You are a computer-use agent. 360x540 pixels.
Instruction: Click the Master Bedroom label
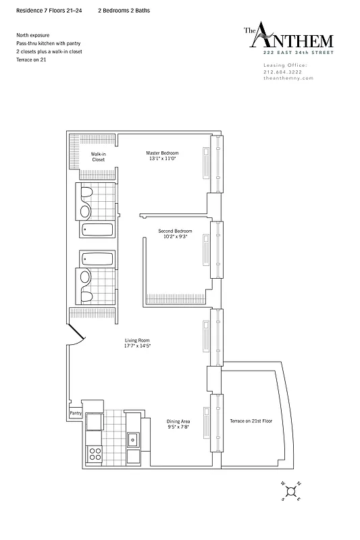click(x=162, y=156)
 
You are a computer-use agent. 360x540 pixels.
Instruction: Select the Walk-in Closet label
click(x=99, y=157)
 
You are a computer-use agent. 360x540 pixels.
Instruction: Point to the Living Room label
click(x=136, y=343)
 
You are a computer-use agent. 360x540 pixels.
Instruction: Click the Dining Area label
click(x=178, y=424)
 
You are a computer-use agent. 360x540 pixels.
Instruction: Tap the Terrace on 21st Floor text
click(x=250, y=421)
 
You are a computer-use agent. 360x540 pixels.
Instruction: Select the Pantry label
click(x=75, y=414)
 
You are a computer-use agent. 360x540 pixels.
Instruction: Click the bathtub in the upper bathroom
click(x=99, y=230)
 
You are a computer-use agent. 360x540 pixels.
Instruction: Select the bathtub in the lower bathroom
click(x=99, y=258)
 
